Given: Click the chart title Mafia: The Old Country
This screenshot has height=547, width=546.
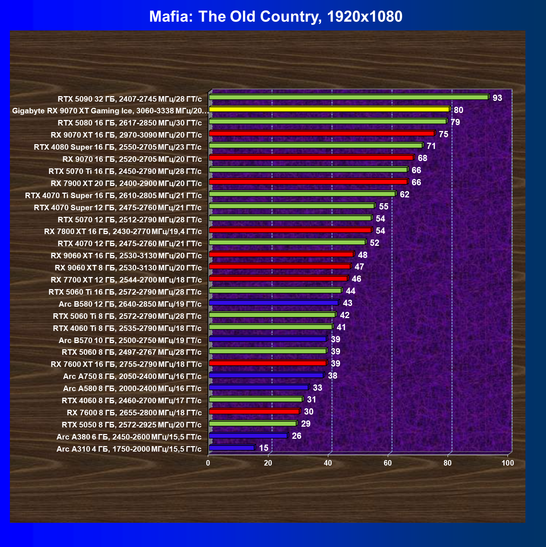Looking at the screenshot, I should (x=276, y=17).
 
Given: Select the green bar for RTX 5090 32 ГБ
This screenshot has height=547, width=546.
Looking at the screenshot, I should (x=348, y=97).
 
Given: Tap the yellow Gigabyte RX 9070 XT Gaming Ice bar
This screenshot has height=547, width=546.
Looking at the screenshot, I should (x=329, y=109).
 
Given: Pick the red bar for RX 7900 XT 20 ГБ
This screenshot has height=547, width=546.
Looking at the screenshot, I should (x=308, y=182).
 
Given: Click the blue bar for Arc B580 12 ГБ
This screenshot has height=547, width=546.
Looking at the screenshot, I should (x=274, y=303).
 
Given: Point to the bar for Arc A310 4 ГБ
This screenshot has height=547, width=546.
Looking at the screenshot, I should (x=232, y=448).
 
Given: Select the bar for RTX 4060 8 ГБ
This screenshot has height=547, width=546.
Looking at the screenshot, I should (x=256, y=399).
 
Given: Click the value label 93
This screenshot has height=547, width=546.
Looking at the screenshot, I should (x=497, y=98).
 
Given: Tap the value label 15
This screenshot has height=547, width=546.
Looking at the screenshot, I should (x=264, y=448).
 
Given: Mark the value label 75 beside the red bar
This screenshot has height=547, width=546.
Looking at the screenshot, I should (x=443, y=134).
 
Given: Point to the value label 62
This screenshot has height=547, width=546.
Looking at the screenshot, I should (x=404, y=194).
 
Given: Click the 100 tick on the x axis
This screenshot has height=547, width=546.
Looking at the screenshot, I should (x=508, y=463).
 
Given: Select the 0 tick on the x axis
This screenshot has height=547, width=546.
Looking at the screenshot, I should (x=208, y=463).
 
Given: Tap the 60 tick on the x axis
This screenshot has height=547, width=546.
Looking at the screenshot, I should (x=388, y=463).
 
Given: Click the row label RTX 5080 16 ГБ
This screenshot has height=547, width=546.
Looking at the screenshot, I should (x=130, y=123).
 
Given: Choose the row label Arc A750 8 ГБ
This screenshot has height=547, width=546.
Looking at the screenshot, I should (x=132, y=376).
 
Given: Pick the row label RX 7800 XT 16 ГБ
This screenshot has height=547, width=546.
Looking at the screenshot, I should (x=123, y=231).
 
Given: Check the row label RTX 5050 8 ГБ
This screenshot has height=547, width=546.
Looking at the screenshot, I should (x=131, y=424).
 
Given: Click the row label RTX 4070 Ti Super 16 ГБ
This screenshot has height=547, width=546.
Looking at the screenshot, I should (x=113, y=195).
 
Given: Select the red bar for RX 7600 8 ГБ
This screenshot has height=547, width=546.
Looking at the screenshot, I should (x=254, y=411).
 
